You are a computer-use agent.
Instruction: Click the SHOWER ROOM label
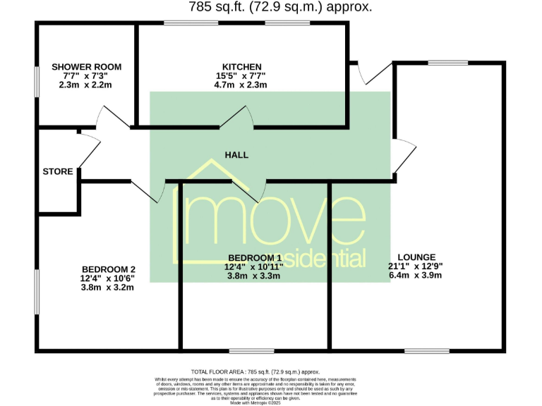coord(86,67)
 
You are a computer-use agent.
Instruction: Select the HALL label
coord(236,155)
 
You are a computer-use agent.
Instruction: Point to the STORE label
coord(57,171)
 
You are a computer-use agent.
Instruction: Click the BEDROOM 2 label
coord(108,269)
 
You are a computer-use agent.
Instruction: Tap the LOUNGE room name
coord(416,257)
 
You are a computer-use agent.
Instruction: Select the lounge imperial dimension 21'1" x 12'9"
coord(416,266)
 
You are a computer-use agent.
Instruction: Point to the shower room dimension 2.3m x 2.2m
coord(86,85)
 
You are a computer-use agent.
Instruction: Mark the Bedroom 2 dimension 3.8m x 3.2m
coord(108,287)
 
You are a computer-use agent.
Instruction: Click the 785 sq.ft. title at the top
coord(280,7)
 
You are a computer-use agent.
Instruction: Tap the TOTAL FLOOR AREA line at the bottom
coord(255,371)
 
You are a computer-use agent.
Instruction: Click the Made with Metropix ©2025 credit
coord(255,402)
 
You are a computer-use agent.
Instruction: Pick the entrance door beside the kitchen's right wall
coord(373,73)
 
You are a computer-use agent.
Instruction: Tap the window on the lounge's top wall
coord(447,63)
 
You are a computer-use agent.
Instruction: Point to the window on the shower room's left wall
coord(37,81)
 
